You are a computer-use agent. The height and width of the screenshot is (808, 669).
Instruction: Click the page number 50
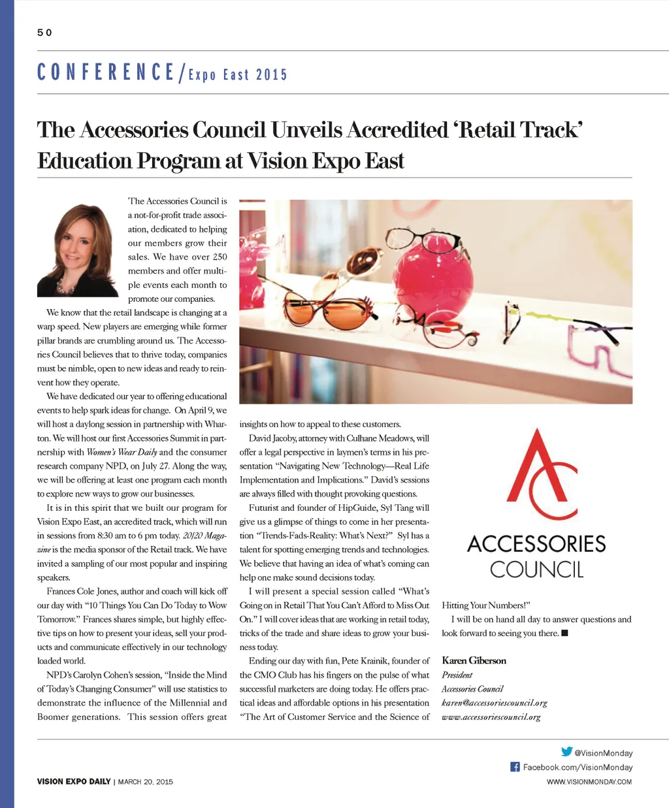[44, 33]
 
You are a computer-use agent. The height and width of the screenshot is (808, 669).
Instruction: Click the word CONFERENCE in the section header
[106, 72]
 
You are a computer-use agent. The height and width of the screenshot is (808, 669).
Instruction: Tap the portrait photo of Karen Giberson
[78, 251]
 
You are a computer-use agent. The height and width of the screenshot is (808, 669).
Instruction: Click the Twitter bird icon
[566, 752]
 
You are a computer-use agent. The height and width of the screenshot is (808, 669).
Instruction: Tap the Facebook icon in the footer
[515, 767]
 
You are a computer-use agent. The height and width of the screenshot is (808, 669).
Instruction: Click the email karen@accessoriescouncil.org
[495, 703]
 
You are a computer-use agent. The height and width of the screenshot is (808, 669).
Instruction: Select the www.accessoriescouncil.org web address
[491, 717]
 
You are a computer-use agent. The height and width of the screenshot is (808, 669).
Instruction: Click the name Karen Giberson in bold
[474, 660]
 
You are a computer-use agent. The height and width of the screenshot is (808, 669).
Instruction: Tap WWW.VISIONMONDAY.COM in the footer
[589, 781]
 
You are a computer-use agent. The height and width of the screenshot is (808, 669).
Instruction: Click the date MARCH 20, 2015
[145, 781]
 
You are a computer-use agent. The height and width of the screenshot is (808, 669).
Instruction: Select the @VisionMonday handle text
[603, 753]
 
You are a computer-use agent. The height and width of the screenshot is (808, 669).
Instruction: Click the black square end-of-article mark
[564, 633]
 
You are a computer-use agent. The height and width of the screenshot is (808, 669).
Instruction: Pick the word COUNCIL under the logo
[536, 570]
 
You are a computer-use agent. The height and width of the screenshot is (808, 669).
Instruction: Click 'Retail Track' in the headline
[519, 129]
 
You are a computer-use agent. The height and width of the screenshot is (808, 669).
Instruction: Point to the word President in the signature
[457, 675]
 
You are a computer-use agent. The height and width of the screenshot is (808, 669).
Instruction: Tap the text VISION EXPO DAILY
[74, 781]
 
